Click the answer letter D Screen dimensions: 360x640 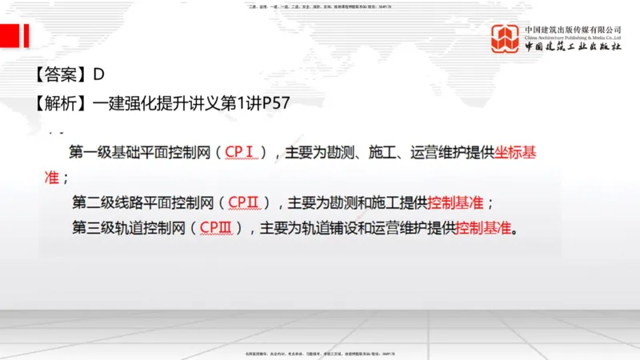[99, 75]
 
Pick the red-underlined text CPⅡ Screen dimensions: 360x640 [250, 202]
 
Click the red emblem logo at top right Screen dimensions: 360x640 [504, 38]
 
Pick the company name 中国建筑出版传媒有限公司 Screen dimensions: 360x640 [573, 29]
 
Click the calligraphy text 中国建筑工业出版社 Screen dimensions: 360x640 [573, 47]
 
